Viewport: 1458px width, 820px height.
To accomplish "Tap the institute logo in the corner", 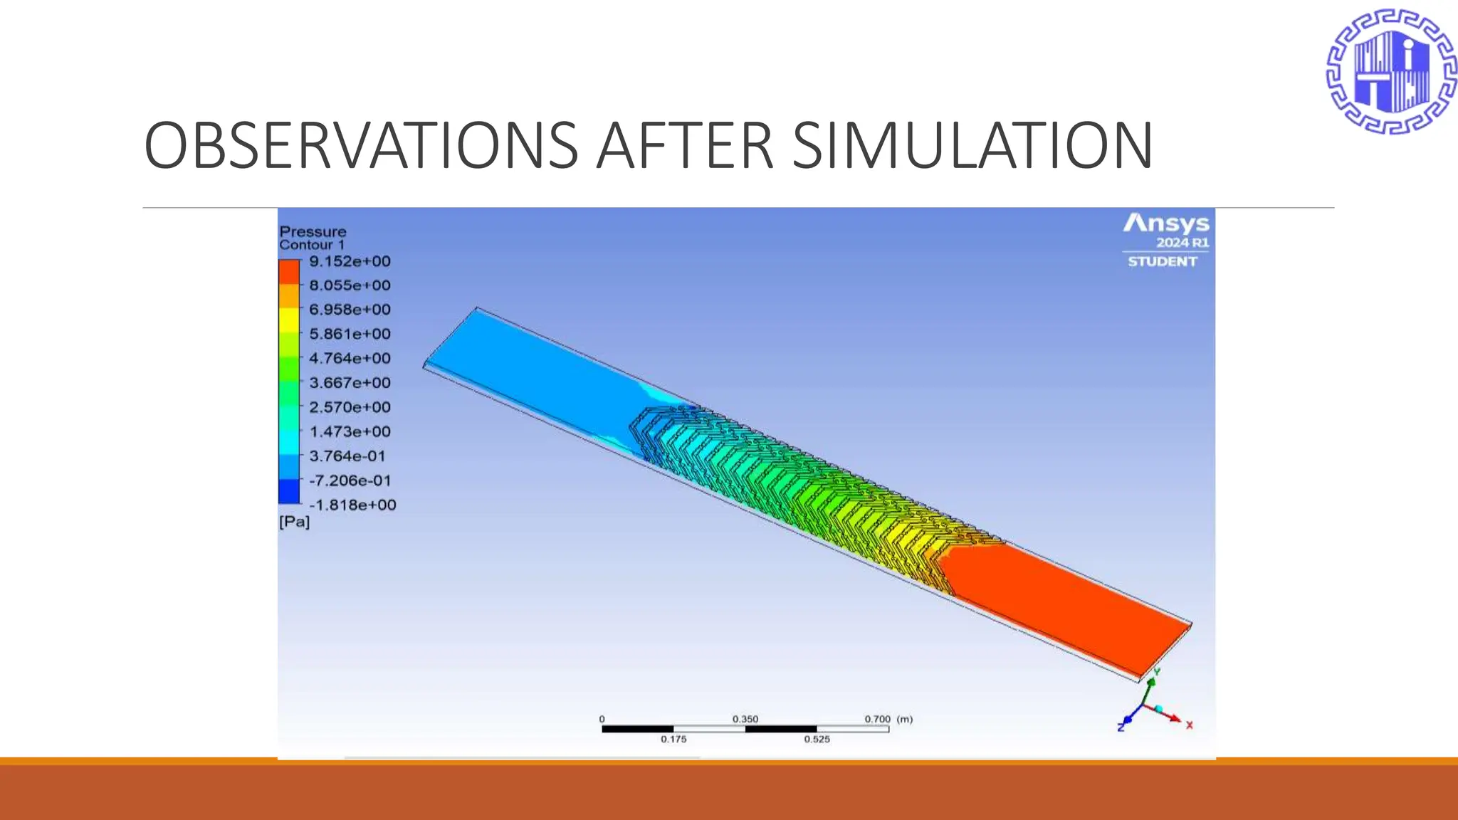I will click(1390, 71).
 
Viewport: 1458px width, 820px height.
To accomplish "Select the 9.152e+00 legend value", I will click(350, 261).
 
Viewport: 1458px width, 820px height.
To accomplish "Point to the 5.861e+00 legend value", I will click(350, 334).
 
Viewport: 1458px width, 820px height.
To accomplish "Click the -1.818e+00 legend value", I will click(352, 505).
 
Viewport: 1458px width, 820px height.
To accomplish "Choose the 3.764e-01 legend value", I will click(347, 456).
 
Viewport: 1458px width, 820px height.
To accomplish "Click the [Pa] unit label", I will click(294, 522).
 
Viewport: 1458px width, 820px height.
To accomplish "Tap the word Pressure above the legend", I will click(313, 231).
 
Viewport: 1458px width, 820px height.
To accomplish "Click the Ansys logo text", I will click(1166, 224).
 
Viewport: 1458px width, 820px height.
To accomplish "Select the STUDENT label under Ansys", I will click(1162, 262).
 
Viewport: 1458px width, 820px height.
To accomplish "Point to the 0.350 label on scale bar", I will click(745, 719).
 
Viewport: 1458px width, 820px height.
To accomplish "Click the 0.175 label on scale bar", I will click(673, 740).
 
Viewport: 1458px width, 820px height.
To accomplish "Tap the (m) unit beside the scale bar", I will click(904, 719).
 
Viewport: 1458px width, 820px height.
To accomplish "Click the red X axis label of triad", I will click(1189, 725).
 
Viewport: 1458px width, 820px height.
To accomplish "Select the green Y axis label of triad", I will click(1157, 672).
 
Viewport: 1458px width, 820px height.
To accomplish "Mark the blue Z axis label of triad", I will click(1121, 727).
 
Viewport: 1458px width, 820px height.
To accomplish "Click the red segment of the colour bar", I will click(288, 272).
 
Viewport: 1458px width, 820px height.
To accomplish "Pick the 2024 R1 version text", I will click(1182, 243).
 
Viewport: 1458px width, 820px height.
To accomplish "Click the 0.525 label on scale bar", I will click(817, 740).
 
